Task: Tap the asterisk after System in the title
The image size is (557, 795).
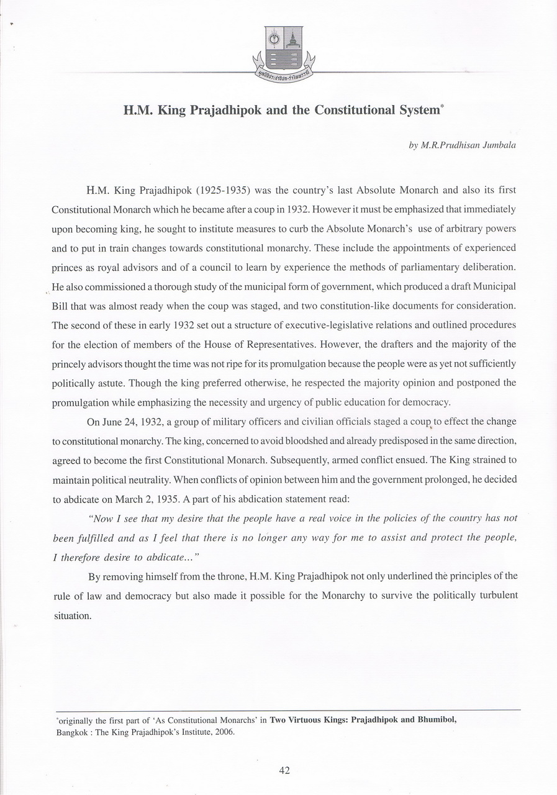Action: click(x=442, y=107)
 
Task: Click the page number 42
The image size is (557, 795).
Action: click(x=285, y=771)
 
